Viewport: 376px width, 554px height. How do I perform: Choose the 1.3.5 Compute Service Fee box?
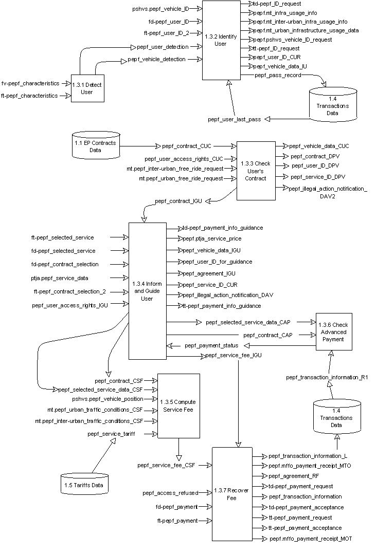point(177,405)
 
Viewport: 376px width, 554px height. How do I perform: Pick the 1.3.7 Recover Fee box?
point(231,494)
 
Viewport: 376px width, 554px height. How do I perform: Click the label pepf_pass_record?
point(278,76)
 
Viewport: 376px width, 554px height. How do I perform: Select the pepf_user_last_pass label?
point(235,119)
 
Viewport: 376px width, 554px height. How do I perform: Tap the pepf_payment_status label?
point(211,345)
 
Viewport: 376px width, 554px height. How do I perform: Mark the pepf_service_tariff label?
point(112,434)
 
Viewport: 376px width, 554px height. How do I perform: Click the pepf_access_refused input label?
point(170,493)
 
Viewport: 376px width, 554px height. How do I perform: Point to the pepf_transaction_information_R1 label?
point(327,378)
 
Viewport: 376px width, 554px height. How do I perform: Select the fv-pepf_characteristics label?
point(29,83)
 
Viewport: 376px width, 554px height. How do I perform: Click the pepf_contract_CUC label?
point(187,146)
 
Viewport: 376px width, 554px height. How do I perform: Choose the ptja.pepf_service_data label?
point(59,278)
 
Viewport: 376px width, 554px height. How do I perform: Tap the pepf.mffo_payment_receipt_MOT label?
point(311,539)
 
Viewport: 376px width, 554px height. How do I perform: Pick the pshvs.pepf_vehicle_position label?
point(108,399)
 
